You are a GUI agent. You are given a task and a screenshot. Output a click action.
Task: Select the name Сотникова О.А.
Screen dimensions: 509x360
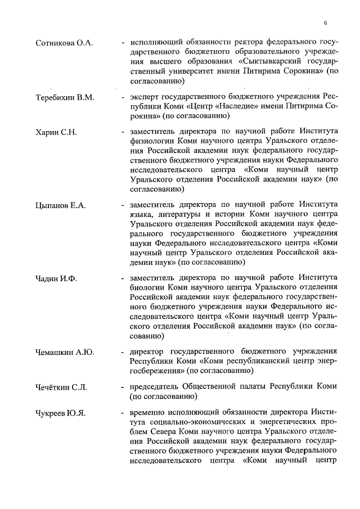point(64,43)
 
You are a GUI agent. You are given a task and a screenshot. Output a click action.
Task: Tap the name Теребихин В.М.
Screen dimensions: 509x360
point(65,97)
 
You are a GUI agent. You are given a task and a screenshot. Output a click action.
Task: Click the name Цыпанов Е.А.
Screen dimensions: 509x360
point(61,205)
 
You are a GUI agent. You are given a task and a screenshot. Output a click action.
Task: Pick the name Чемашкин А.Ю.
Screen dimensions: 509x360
point(65,352)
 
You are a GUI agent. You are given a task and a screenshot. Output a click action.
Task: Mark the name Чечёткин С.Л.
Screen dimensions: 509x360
point(62,388)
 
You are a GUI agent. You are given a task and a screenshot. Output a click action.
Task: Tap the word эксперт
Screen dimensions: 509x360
point(146,97)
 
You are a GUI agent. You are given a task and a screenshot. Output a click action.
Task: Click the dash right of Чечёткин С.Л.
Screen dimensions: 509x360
point(123,388)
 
